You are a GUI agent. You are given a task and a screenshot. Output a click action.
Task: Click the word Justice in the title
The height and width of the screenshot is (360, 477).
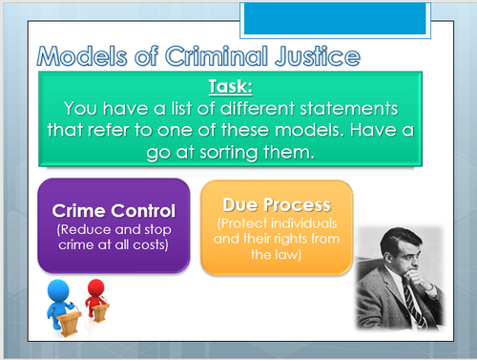click(x=314, y=54)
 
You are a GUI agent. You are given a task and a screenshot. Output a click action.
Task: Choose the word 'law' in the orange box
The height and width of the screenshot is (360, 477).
click(x=292, y=255)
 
